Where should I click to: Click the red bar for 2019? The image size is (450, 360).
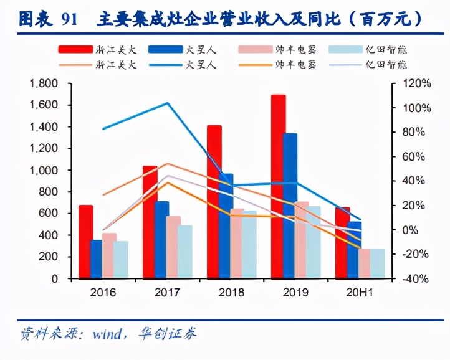[278, 187]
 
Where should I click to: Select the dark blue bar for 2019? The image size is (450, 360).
[290, 206]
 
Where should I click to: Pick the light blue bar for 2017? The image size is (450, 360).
[185, 252]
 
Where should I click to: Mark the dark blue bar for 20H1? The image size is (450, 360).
[354, 250]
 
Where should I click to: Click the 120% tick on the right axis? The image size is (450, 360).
[411, 83]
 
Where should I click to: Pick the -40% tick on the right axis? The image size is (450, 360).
[411, 278]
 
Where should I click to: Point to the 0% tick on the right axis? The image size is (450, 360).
[414, 230]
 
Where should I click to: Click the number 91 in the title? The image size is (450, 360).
[70, 19]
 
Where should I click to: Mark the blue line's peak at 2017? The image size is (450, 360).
[167, 103]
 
